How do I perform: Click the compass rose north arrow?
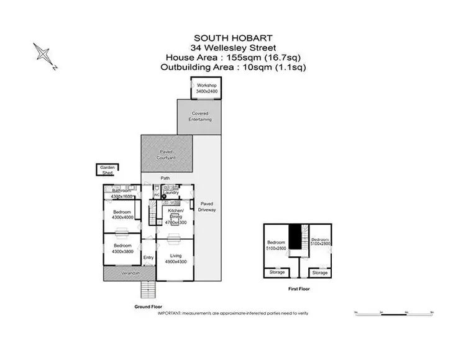[x=45, y=54]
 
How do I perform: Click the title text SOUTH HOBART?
[x=233, y=38]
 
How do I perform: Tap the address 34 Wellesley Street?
[x=233, y=48]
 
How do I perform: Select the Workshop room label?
[x=205, y=88]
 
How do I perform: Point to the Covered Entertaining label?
[x=201, y=116]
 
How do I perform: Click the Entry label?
[x=148, y=258]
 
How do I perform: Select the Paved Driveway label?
[x=207, y=207]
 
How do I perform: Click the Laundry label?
[x=171, y=192]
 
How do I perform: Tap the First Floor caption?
[x=299, y=289]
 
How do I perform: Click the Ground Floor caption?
[x=148, y=307]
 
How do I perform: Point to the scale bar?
[x=392, y=312]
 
